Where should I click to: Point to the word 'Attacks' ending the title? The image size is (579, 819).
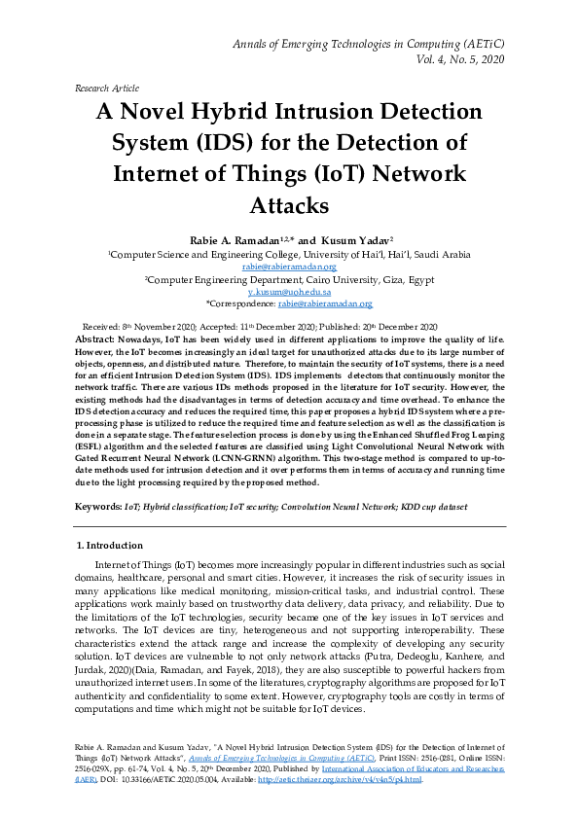290,206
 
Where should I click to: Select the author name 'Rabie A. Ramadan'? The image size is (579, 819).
231,239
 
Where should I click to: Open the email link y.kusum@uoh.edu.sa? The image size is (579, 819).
290,292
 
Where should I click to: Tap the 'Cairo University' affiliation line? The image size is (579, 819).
289,279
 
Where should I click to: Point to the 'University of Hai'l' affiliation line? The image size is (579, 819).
289,254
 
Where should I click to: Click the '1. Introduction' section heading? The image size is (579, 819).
109,545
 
